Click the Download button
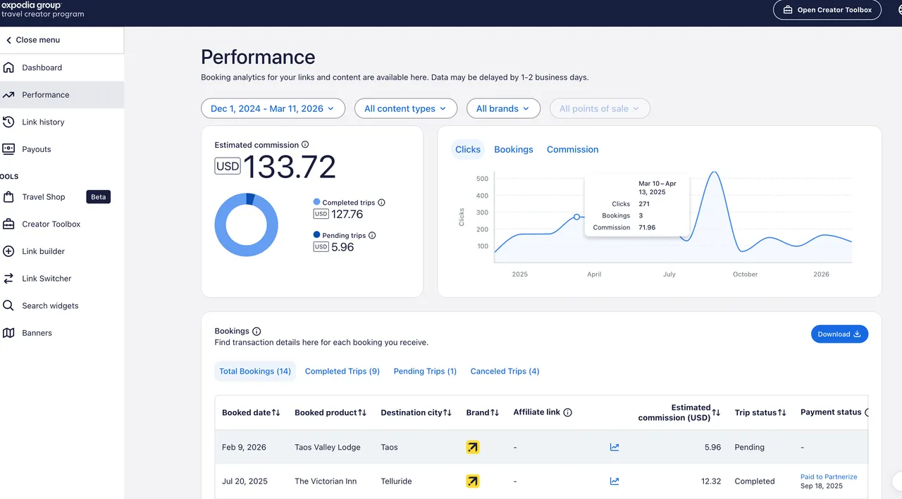click(839, 334)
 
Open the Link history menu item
click(43, 122)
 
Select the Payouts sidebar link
click(36, 149)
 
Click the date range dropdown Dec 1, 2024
click(273, 108)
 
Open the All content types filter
click(405, 108)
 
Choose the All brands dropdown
click(503, 108)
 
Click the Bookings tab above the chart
click(513, 149)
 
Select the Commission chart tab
click(572, 149)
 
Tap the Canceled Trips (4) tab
click(505, 371)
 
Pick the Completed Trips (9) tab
click(342, 371)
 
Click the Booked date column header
click(251, 412)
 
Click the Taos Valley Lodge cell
click(327, 447)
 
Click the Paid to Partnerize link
click(829, 476)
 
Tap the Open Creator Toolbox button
click(827, 10)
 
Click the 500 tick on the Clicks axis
click(482, 178)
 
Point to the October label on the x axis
click(745, 274)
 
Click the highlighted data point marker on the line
click(576, 217)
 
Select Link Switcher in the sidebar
click(47, 279)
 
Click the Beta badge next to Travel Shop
click(98, 197)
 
